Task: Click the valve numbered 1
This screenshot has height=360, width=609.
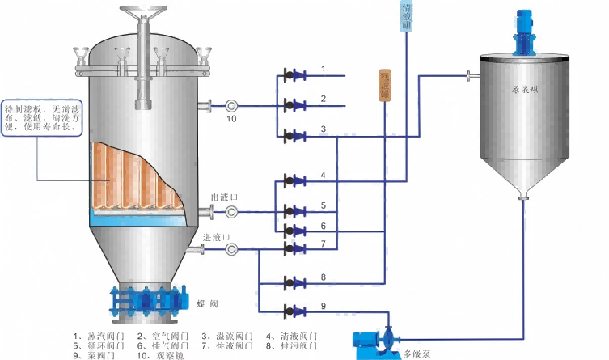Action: coord(294,76)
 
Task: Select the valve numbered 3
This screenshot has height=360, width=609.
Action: coord(294,135)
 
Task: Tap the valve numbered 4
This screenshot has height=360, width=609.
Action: coord(294,180)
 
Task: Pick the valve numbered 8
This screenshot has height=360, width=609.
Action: coord(294,282)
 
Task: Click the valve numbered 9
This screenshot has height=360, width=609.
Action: coord(294,311)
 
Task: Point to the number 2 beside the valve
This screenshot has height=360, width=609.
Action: coord(323,99)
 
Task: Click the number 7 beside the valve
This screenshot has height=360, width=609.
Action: coord(323,244)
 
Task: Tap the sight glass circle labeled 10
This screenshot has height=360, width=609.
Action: coord(232,105)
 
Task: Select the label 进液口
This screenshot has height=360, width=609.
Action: coord(216,237)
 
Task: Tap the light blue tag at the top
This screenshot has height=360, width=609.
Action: coord(406,17)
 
